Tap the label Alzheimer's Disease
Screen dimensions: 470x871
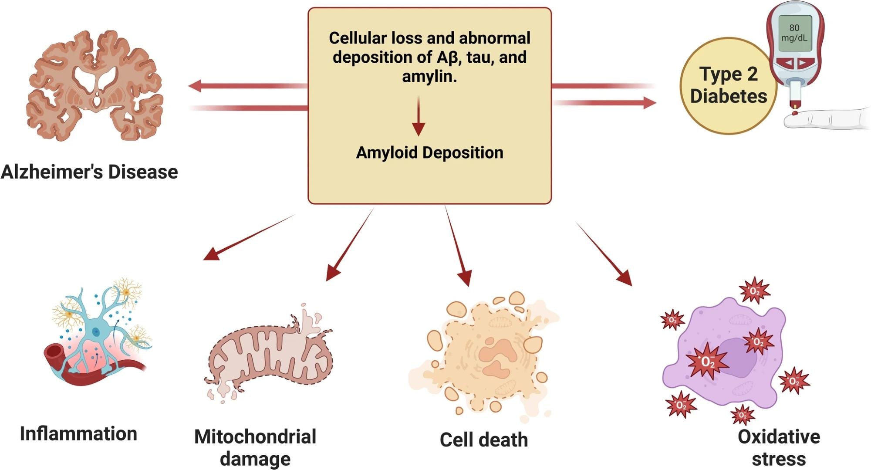point(89,172)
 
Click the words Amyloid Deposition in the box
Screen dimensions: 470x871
point(429,152)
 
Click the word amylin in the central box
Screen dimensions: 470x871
point(429,76)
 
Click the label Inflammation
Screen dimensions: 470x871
point(78,434)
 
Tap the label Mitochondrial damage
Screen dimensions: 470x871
point(255,447)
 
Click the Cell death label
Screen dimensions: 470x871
point(483,440)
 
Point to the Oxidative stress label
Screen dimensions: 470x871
point(779,447)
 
